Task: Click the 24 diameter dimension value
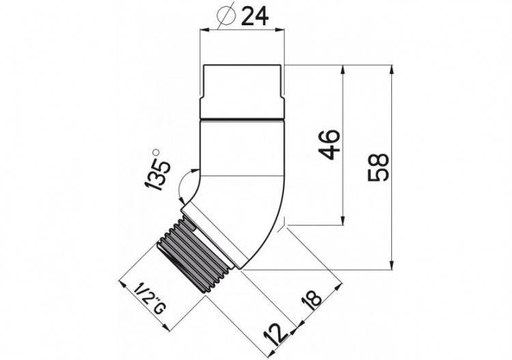click(x=255, y=16)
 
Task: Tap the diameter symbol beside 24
click(x=226, y=15)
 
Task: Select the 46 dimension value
click(x=329, y=144)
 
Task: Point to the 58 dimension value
click(x=378, y=167)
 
